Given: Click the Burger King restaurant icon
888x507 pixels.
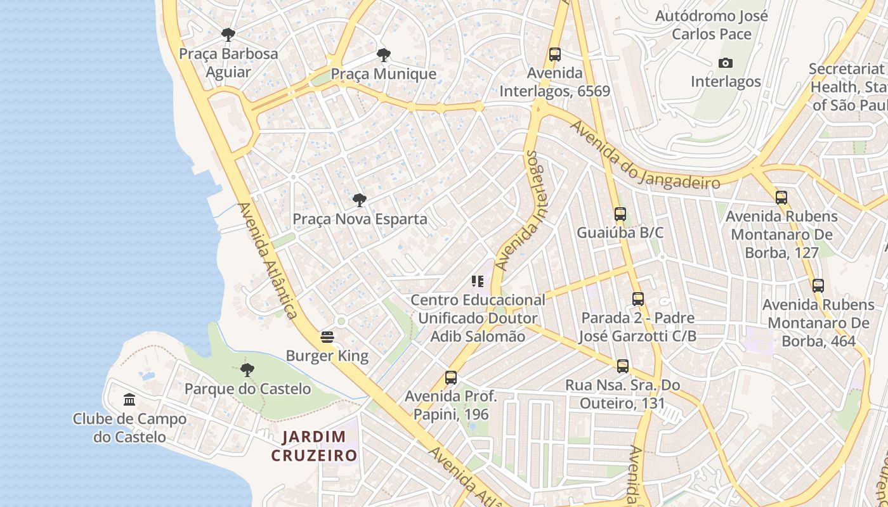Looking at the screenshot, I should (x=327, y=336).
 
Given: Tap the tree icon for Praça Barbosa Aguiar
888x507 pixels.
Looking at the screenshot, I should (x=228, y=34).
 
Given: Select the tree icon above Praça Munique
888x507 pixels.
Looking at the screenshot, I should (x=383, y=55).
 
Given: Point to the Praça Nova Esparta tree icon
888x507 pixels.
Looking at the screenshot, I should (x=360, y=201).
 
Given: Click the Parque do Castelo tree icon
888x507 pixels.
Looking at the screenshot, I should (x=247, y=369).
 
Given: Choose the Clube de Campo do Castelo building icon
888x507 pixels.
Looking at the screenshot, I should (x=130, y=399).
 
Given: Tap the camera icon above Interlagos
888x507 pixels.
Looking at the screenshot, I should (x=726, y=63).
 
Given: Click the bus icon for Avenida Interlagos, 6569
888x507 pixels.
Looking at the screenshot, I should (x=555, y=55).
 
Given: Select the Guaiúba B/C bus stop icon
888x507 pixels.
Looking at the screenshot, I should (x=620, y=214).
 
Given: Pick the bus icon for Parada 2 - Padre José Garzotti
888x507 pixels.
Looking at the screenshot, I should (x=638, y=299).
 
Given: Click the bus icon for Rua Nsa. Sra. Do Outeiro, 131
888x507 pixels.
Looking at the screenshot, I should (x=623, y=366).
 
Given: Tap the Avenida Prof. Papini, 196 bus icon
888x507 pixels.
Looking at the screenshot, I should (x=451, y=378).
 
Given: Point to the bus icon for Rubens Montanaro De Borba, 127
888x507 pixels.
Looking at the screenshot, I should (x=781, y=198).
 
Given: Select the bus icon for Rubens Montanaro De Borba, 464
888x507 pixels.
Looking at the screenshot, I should (x=818, y=286).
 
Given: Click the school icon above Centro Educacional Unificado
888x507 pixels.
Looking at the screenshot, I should (x=478, y=281).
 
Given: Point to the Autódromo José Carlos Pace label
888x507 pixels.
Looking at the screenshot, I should (x=711, y=25).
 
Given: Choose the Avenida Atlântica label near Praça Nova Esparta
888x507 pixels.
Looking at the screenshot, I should (x=267, y=260).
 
